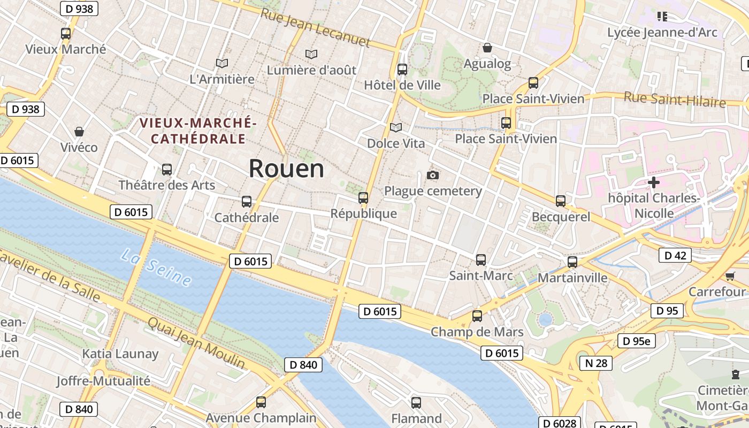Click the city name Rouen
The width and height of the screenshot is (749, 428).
click(286, 169)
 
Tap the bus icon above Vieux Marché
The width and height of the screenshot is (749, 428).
click(66, 34)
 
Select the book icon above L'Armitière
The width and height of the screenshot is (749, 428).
click(222, 64)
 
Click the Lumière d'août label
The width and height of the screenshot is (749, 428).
click(311, 70)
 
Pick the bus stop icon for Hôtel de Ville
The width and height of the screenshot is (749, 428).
click(402, 70)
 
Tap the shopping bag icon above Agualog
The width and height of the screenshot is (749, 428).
click(487, 48)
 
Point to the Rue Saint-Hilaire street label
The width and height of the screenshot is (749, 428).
click(675, 100)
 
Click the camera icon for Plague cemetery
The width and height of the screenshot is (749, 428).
click(433, 175)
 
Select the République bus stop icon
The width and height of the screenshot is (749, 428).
click(363, 198)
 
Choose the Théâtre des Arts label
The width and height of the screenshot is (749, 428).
click(166, 186)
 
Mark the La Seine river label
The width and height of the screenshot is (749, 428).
click(156, 267)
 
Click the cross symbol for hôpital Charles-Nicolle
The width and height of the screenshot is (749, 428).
click(653, 182)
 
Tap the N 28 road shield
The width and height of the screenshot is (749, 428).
click(596, 363)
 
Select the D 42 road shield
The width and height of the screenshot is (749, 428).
click(675, 256)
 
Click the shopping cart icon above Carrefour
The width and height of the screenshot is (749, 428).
click(730, 276)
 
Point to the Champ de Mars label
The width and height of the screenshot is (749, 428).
click(477, 332)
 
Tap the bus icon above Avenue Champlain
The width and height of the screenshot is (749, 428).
click(261, 402)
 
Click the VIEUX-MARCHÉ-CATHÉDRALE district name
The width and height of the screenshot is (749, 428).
click(198, 131)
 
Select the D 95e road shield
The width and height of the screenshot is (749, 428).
click(637, 341)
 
